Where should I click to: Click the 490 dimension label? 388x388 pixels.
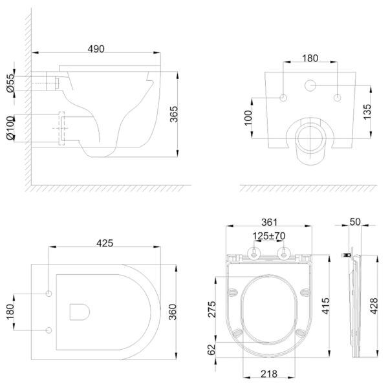pos(96,49)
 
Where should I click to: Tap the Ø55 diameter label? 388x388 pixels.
pos(10,83)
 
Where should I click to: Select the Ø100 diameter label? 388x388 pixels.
pos(10,128)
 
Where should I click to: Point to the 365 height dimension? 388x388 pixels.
pos(174,114)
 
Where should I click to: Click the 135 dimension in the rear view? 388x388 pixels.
pos(367,112)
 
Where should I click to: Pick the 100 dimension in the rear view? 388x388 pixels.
pos(248,118)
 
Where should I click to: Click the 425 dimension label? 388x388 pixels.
pos(105,243)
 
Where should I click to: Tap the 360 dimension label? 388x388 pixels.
pos(173,312)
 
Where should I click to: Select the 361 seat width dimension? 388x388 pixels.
pos(270,222)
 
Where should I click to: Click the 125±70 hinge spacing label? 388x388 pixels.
pos(269,236)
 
